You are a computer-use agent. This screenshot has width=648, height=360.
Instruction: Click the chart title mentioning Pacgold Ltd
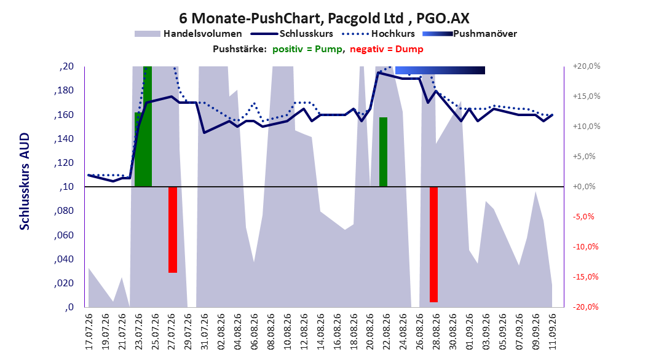[x=324, y=18]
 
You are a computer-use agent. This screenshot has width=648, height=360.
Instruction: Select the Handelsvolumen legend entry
[x=188, y=34]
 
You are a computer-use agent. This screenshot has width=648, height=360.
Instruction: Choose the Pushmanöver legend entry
[x=470, y=34]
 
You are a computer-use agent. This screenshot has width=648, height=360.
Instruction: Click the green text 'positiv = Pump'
[x=307, y=49]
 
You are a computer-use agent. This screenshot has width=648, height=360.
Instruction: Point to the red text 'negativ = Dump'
[x=387, y=49]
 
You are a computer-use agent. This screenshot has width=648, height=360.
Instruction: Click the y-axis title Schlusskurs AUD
[x=25, y=181]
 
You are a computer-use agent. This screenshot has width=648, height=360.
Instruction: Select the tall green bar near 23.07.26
[x=148, y=127]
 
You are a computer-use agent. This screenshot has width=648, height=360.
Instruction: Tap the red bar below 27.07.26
[x=173, y=230]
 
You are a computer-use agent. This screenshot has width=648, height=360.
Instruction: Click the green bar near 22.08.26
[x=384, y=152]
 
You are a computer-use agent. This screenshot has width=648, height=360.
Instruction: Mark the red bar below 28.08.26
[x=433, y=245]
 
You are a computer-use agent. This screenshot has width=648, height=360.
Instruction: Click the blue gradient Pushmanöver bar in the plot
[x=440, y=70]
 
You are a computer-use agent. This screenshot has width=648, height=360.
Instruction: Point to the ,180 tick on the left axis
[x=64, y=90]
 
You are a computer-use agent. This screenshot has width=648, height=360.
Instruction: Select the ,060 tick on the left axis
[x=64, y=235]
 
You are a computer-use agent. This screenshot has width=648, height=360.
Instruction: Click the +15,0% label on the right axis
[x=587, y=96]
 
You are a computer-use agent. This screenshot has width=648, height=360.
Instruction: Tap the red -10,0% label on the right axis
[x=585, y=247]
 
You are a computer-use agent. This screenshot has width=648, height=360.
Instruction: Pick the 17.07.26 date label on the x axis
[x=89, y=332]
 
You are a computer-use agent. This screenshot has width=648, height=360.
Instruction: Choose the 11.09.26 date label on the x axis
[x=553, y=332]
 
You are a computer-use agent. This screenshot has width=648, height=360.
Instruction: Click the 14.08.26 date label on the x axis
[x=321, y=332]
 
